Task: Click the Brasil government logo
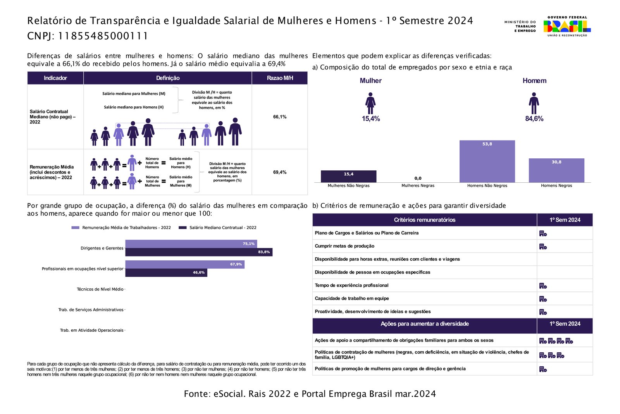[567, 26]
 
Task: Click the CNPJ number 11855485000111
[103, 36]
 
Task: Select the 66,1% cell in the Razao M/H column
[279, 117]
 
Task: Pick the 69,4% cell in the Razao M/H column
[279, 172]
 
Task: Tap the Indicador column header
[55, 78]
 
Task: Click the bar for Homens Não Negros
[487, 161]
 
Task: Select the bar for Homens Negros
[556, 170]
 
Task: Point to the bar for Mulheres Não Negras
[348, 177]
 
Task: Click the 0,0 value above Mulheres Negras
[418, 178]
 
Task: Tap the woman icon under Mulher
[370, 103]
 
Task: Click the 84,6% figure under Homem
[534, 119]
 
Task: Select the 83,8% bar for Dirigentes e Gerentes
[199, 252]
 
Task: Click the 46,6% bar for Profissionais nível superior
[166, 273]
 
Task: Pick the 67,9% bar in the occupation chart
[185, 264]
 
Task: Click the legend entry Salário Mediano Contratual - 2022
[218, 228]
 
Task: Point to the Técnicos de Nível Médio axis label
[100, 289]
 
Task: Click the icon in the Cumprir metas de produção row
[543, 246]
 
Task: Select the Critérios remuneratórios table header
[424, 220]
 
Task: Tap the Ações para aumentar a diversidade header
[424, 324]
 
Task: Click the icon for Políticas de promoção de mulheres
[543, 369]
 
